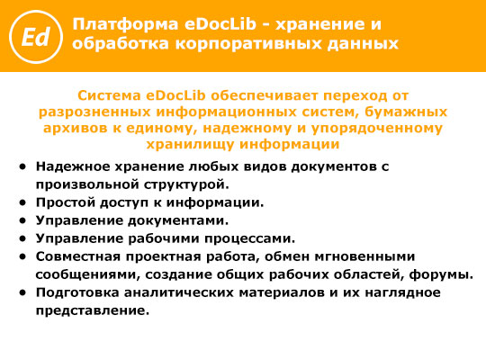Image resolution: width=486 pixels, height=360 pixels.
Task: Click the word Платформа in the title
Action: pos(125,25)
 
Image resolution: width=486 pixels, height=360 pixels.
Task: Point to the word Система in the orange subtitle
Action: pos(110,95)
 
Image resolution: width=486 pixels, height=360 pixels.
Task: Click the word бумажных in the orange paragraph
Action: pos(406,112)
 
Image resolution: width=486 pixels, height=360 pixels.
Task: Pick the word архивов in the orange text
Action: pos(76,128)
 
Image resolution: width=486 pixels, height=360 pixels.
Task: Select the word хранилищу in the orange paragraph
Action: pos(191,144)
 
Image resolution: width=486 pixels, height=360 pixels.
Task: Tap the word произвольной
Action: pos(87,184)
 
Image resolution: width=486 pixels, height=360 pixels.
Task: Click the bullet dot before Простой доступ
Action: pos(22,202)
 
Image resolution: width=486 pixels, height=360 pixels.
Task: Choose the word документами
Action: pos(178,220)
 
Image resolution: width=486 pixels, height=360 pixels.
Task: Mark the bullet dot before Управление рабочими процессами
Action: pos(22,238)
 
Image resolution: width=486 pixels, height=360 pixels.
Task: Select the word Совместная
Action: pos(78,256)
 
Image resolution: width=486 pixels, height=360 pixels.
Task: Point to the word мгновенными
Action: pos(364,256)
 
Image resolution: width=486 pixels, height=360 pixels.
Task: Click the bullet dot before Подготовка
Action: pos(22,292)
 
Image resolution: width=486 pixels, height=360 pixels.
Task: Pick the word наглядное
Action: pos(402,292)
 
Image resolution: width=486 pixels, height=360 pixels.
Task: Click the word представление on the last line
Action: pos(93,310)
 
